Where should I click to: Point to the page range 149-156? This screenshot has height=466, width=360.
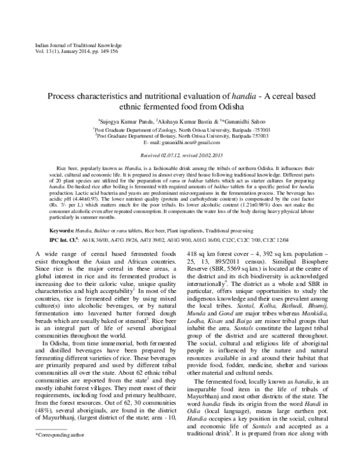pos(103,53)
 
